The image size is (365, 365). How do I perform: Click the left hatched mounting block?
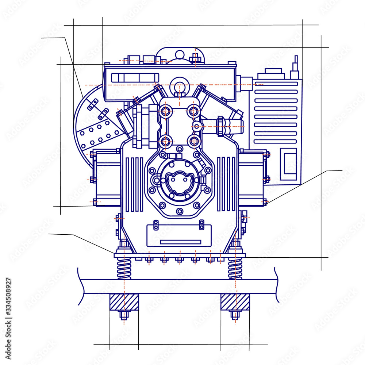124,302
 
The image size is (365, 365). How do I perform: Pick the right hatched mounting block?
235,302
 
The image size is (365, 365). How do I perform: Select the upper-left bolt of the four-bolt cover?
165,111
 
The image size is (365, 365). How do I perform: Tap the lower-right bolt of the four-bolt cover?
194,141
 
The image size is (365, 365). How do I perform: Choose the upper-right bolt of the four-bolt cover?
194,111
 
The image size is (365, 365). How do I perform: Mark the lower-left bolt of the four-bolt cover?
165,141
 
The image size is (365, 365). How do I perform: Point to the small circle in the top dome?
180,55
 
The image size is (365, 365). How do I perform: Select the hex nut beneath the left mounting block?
124,315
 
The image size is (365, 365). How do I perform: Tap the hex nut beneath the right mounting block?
235,315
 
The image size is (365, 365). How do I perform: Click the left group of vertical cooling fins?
134,184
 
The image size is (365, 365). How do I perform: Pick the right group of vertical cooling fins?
226,184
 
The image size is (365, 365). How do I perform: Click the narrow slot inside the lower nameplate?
180,242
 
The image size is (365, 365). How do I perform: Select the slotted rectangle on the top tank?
135,77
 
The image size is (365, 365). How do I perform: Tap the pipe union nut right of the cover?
221,126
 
